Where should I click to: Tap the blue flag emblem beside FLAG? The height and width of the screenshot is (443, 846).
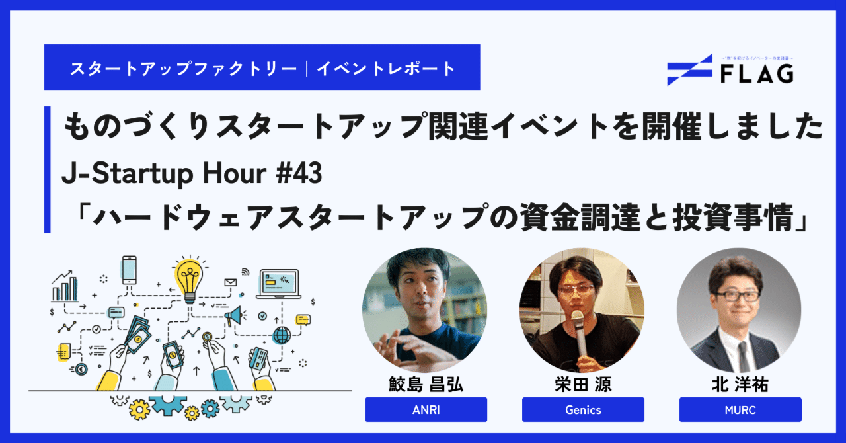coord(689,70)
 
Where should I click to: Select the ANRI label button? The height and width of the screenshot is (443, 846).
coord(426,409)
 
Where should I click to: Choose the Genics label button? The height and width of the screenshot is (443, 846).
coord(583,409)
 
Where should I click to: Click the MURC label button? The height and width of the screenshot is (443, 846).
coord(740,409)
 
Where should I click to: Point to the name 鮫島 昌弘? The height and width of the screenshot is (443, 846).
coord(426,384)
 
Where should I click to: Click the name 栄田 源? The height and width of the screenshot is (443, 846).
coord(583,384)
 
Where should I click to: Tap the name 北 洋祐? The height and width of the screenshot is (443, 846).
coord(740,384)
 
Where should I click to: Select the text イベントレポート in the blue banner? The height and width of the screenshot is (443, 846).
coord(386,68)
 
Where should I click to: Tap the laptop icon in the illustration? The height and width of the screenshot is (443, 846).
coord(278,283)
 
